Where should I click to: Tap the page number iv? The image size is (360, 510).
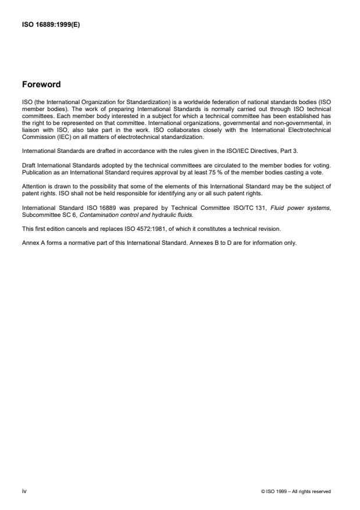pos(24,491)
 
